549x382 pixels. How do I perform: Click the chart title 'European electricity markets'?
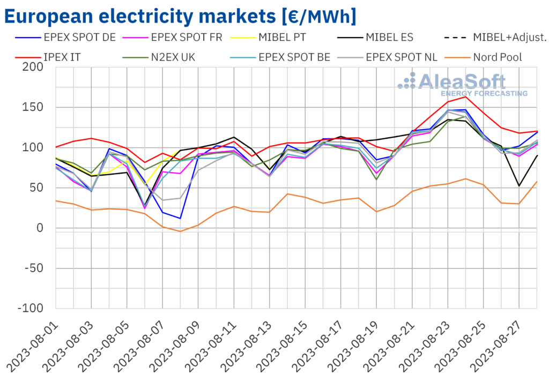[x=180, y=16]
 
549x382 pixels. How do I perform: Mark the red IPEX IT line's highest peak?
[x=466, y=96]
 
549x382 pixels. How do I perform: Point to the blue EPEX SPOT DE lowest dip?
[x=181, y=218]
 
